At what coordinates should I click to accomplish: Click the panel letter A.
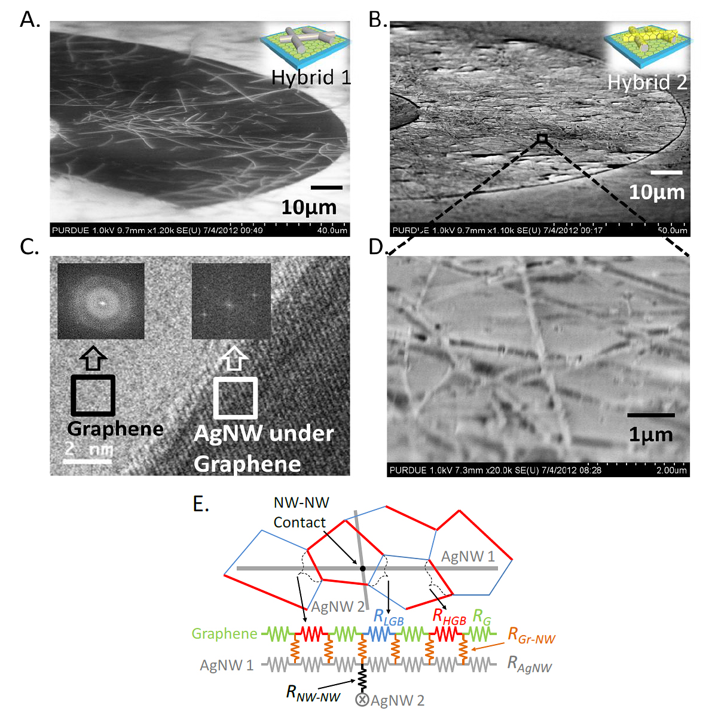(x=29, y=20)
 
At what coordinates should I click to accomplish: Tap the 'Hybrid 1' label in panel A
(x=310, y=77)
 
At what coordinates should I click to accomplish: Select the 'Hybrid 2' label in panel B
(x=647, y=82)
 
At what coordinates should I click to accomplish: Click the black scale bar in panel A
(x=326, y=188)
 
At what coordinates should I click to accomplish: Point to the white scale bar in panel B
(x=666, y=173)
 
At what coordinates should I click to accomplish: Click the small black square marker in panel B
(x=542, y=139)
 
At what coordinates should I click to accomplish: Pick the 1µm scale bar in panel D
(x=650, y=415)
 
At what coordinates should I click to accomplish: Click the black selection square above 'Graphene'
(x=93, y=395)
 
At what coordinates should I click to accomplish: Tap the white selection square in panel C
(x=236, y=397)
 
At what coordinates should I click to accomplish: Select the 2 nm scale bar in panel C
(x=88, y=460)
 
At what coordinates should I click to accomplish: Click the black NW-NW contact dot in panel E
(x=363, y=568)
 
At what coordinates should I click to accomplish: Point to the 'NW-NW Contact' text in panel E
(x=301, y=512)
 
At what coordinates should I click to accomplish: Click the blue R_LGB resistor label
(x=388, y=617)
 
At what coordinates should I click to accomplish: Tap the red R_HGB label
(x=449, y=617)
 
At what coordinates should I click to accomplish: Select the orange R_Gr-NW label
(x=531, y=636)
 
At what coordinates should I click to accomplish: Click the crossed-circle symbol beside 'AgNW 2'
(x=362, y=700)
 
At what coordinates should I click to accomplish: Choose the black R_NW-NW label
(x=313, y=693)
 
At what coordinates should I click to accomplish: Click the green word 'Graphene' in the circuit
(x=224, y=633)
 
